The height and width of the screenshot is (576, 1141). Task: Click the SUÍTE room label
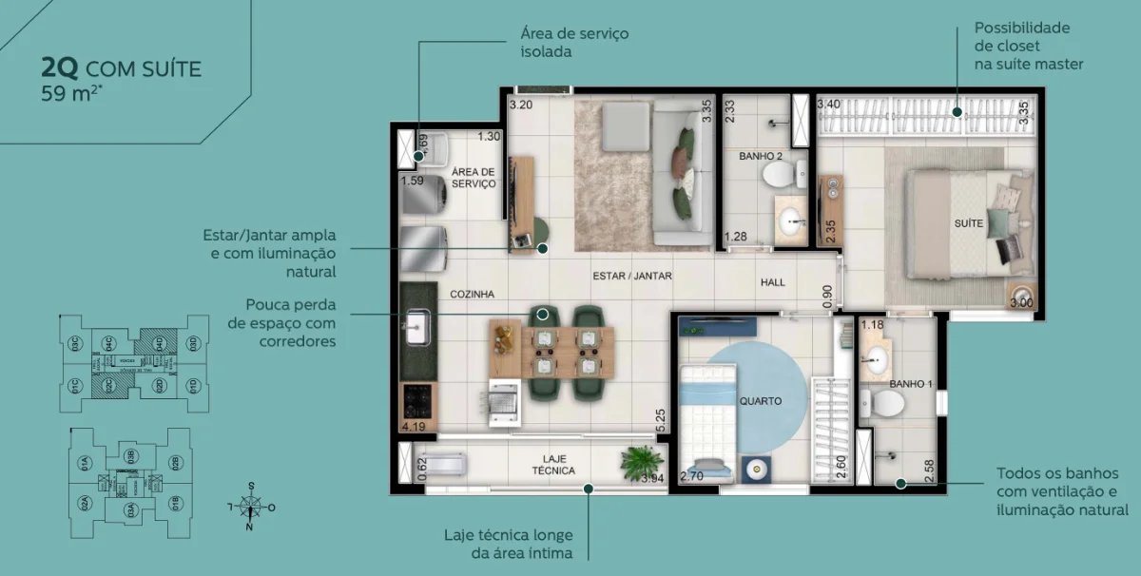point(968,223)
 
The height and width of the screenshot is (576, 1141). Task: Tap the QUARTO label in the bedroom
point(760,401)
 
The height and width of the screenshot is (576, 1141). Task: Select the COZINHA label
point(473,295)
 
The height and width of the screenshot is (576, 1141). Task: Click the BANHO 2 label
point(760,155)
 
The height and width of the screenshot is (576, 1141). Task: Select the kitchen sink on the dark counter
point(416,331)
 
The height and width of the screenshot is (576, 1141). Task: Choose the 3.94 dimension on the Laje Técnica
point(652,479)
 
